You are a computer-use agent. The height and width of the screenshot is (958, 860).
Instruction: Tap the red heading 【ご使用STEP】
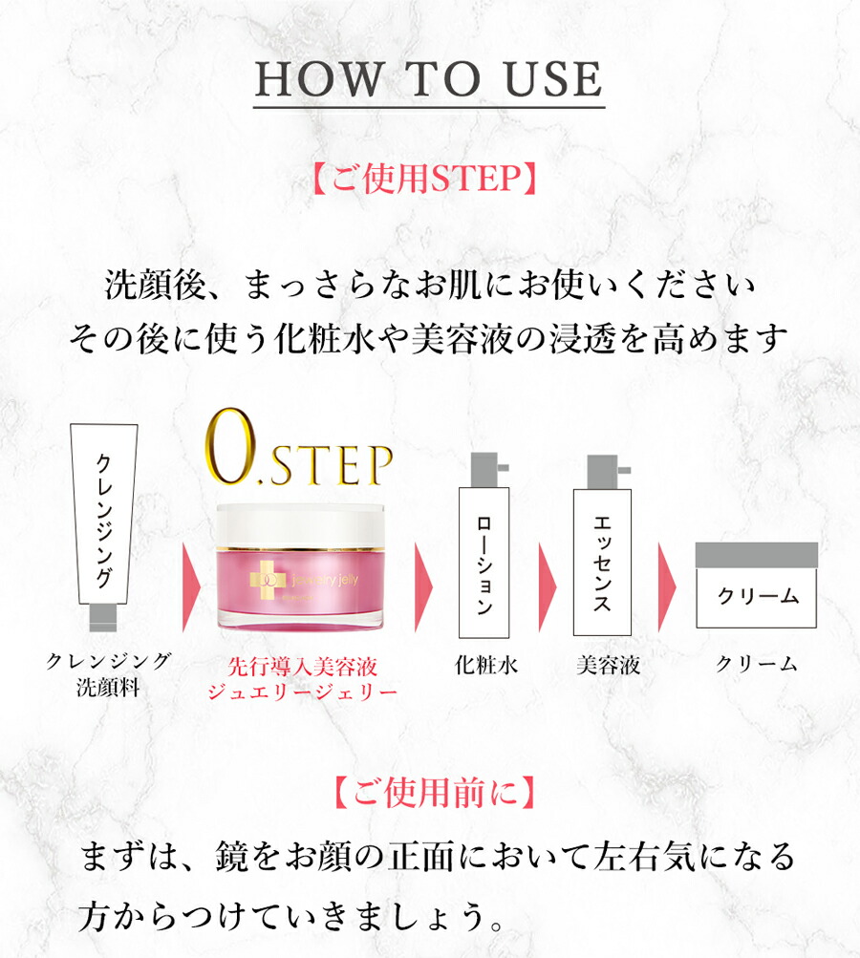click(429, 178)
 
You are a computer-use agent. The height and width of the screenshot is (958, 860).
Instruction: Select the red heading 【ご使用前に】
click(429, 793)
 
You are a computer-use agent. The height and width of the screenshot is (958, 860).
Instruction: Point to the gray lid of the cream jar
click(757, 554)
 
